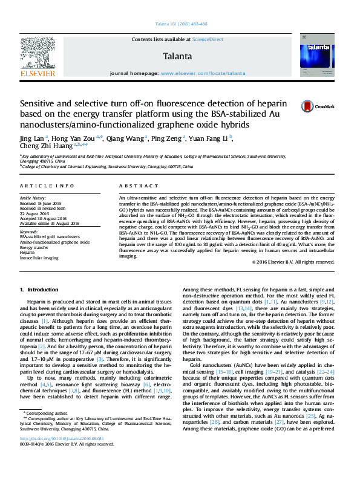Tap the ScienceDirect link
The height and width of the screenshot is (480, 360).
208,39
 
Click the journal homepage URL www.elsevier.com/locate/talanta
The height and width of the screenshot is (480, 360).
203,73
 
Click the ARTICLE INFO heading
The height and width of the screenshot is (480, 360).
47,186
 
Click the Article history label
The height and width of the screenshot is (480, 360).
33,198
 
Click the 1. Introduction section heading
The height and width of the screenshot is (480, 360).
39,290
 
